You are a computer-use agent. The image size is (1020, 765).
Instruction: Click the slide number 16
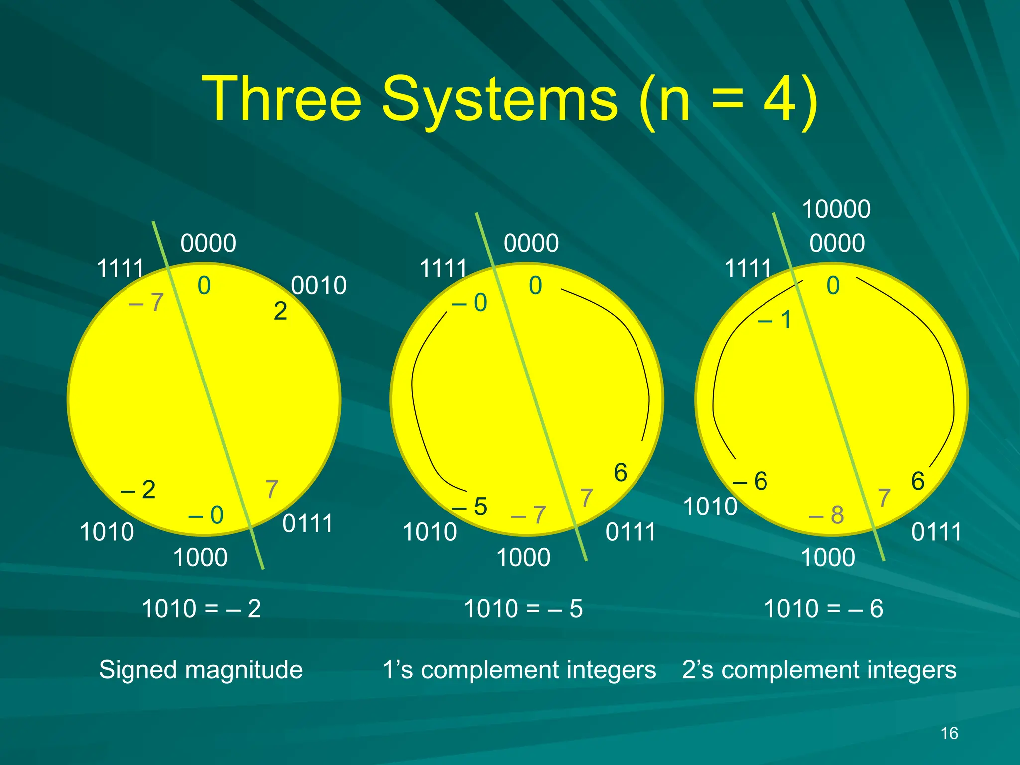coord(949,733)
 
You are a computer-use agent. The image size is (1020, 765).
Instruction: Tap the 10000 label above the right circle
coord(836,209)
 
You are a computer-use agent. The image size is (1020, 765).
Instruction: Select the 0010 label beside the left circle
coord(319,286)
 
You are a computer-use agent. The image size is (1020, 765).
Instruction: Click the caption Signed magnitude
coord(201,670)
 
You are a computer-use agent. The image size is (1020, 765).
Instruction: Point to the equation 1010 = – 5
coord(523,609)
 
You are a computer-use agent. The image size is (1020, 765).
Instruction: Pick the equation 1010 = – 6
coord(823,609)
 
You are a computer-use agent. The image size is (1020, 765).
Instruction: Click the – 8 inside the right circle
coord(826,515)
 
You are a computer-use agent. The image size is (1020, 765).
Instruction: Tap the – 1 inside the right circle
coord(775,320)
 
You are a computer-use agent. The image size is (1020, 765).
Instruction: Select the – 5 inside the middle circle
coord(469,507)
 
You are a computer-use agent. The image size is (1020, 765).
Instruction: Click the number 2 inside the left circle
coord(280,312)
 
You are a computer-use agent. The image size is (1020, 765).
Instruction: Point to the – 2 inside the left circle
coord(138,490)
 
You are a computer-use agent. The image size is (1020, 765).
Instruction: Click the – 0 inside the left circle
coord(206,515)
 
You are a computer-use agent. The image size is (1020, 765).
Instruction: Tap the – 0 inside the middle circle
coord(469,303)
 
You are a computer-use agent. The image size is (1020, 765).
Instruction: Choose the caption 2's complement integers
coord(819,670)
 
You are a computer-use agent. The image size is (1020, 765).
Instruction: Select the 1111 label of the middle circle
coord(443,269)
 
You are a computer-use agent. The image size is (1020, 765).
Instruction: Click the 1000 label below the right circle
coord(828,558)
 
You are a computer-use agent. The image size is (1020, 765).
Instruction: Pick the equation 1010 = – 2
coord(201,609)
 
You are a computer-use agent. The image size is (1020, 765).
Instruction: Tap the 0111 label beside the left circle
coord(308,524)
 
